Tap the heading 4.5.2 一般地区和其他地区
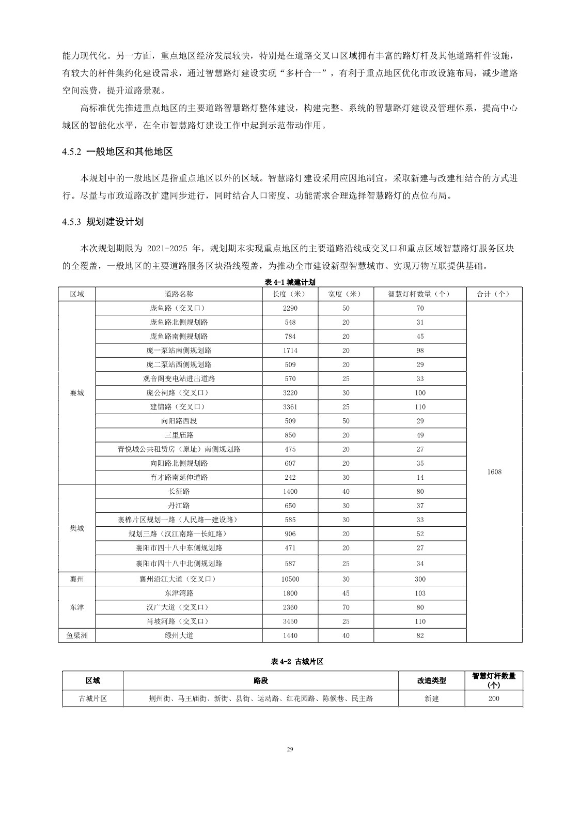pos(117,152)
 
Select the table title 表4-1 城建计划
pos(290,282)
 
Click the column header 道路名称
pos(179,294)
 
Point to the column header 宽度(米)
pos(346,294)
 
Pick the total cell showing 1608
pos(494,472)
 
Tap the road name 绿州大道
pos(179,635)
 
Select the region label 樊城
pos(77,528)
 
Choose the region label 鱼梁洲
pos(77,635)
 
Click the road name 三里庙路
pos(179,435)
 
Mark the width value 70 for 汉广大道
pos(346,607)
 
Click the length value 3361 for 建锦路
pos(290,407)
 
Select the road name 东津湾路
pos(179,594)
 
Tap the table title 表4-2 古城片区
pos(297,662)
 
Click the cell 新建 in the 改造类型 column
pos(431,698)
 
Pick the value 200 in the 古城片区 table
pos(494,698)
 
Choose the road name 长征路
pos(179,491)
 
